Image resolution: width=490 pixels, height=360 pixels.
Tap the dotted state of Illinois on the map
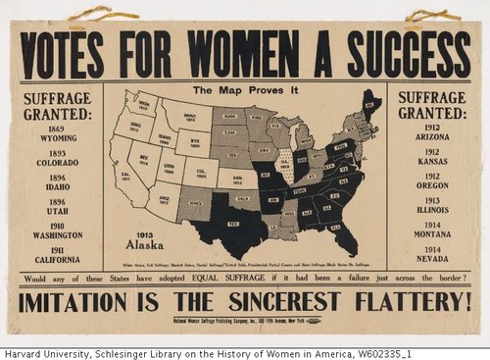pos(286,164)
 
